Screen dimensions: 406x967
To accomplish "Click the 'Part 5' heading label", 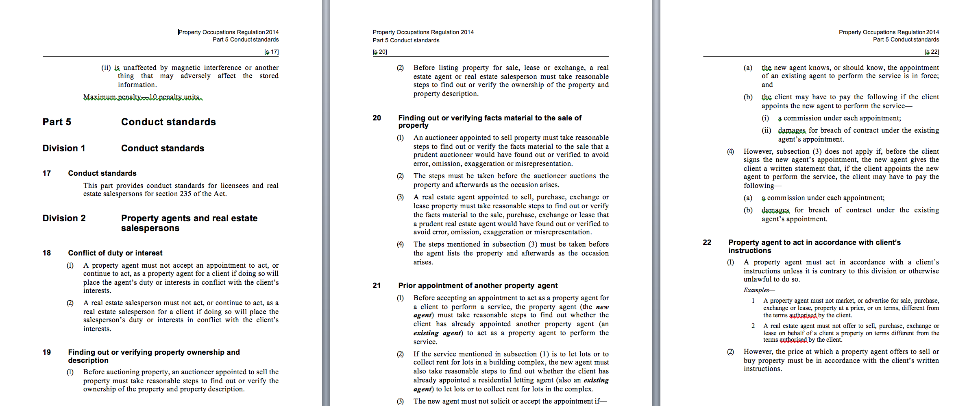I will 57,122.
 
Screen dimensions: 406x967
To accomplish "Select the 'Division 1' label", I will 64,148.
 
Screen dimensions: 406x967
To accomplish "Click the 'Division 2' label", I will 64,218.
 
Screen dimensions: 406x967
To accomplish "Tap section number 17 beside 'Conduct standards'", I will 46,173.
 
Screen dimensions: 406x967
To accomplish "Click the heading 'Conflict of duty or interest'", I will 115,253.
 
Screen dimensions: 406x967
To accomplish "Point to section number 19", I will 46,352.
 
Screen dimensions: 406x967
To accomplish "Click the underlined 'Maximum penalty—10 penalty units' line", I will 142,97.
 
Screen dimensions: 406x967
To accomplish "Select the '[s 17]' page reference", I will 271,52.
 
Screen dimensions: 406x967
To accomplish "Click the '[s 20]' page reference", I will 380,52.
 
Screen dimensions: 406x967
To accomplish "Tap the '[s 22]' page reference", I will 932,52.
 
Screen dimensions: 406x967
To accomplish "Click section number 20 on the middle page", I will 377,118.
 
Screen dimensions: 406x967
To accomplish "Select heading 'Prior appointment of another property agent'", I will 478,286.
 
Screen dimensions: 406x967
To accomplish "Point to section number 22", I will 707,242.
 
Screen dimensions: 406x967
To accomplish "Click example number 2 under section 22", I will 753,326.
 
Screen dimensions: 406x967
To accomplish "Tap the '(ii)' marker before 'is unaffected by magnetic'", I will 106,68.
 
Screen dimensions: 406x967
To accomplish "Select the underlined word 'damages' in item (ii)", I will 791,131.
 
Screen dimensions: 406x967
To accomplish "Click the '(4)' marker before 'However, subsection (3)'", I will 730,152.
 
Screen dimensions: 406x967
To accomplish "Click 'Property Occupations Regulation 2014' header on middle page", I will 423,32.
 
